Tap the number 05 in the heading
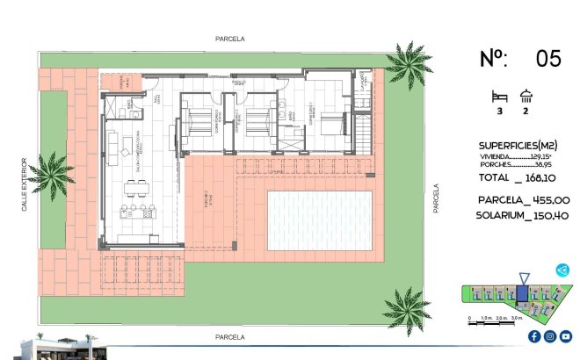click(x=548, y=59)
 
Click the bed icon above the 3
click(x=499, y=96)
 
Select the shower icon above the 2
click(x=527, y=96)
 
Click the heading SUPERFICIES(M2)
click(x=518, y=145)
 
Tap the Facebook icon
click(x=533, y=336)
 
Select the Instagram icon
click(x=549, y=336)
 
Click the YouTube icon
click(x=565, y=336)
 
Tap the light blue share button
click(x=562, y=270)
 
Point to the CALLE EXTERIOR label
click(x=25, y=184)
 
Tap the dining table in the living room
click(x=136, y=186)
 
